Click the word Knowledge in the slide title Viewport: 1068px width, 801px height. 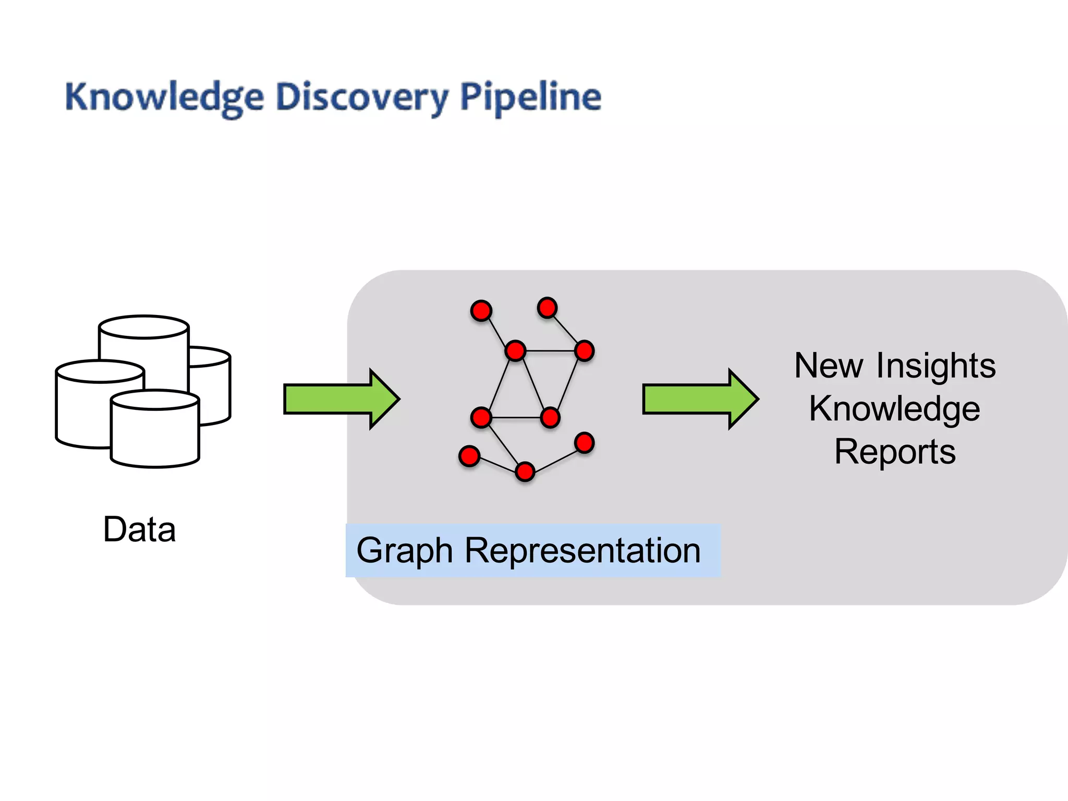coord(164,98)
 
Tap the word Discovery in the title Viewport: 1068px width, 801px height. coord(362,98)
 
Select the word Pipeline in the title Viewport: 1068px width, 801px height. coord(530,98)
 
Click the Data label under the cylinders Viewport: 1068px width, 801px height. coord(139,529)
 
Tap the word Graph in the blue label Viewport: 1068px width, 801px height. coord(404,551)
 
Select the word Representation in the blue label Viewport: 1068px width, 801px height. coord(582,551)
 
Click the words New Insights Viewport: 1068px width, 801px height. coord(894,366)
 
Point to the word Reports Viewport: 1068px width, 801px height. coord(894,452)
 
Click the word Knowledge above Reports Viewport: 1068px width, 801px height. coord(894,408)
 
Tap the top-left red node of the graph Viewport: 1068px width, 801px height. coord(481,311)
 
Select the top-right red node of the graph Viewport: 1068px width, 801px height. coord(547,308)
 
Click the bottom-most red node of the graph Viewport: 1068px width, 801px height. coord(525,471)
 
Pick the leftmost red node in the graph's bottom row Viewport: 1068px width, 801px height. coord(469,456)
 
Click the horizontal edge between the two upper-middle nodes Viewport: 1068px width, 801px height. coord(550,350)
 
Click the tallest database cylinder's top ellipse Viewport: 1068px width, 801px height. coord(144,327)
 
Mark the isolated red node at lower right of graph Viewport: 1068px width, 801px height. coord(584,443)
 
